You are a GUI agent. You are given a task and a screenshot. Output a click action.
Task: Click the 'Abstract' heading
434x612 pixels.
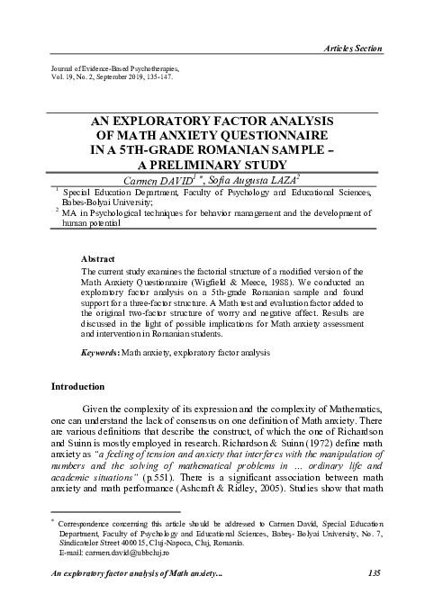coord(97,256)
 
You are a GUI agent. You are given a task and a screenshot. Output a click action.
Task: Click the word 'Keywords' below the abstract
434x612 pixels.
coord(100,354)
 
